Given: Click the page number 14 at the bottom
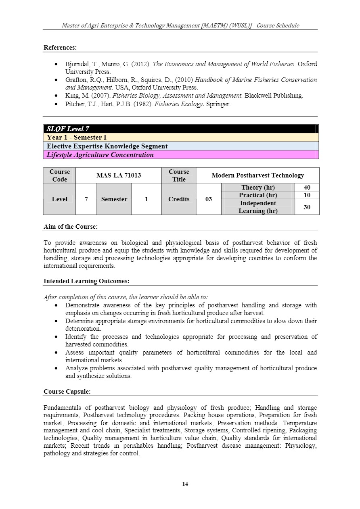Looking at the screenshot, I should tap(185, 484).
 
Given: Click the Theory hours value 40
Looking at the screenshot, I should tap(307, 188).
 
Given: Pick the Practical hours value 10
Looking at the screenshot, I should tap(307, 195).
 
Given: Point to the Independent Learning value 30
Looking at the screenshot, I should tap(307, 207).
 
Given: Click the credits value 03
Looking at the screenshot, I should tap(208, 199).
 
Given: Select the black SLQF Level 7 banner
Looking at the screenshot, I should tap(181, 129).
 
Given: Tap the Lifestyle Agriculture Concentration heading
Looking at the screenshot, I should tap(100, 155).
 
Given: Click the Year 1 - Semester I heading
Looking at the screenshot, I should tap(77, 138).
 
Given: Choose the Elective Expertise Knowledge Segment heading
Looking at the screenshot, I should tap(107, 146).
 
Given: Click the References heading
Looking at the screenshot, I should tap(60, 48).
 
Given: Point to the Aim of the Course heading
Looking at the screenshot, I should tap(71, 227).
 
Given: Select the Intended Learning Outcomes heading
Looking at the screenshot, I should tap(86, 281).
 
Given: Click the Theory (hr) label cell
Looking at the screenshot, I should tap(258, 188).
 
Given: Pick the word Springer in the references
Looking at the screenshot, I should tap(218, 104).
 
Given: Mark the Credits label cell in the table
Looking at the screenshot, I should tap(179, 199).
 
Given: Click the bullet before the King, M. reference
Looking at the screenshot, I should tap(57, 96).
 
